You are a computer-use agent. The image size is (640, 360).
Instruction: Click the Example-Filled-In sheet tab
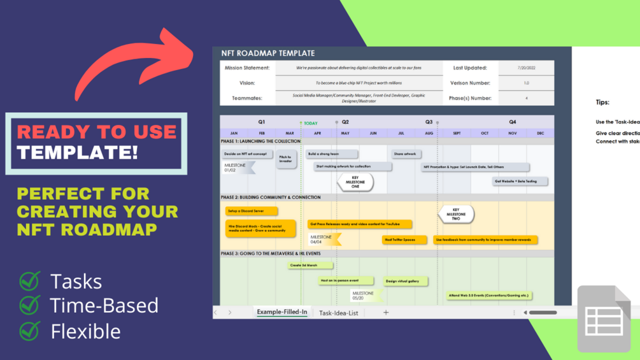(x=282, y=312)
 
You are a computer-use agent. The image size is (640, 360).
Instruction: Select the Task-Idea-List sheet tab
(x=338, y=313)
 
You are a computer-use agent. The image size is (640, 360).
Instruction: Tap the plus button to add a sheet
(x=386, y=312)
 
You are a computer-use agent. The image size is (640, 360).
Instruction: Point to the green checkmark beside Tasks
(x=29, y=281)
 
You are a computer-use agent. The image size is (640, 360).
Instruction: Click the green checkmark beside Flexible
(x=29, y=331)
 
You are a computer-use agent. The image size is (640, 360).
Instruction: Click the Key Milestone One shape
(x=355, y=182)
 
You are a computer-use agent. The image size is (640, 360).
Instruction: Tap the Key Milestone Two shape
(x=456, y=214)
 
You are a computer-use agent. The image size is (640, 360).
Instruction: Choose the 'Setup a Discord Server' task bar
(x=252, y=211)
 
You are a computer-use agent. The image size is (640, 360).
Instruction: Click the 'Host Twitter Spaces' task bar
(x=404, y=240)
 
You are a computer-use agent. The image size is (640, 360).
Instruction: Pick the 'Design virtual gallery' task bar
(x=406, y=281)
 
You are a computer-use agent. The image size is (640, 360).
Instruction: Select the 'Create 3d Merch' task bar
(x=309, y=265)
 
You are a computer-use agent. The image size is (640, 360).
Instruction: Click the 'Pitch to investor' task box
(x=286, y=159)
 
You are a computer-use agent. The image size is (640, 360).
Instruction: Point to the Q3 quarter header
(x=429, y=122)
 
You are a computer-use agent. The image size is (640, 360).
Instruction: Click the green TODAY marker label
(x=310, y=123)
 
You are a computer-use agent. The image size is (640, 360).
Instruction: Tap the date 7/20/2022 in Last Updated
(x=526, y=68)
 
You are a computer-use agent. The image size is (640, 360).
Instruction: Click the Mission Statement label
(x=247, y=68)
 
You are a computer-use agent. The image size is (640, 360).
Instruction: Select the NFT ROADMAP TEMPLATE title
(x=267, y=53)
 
